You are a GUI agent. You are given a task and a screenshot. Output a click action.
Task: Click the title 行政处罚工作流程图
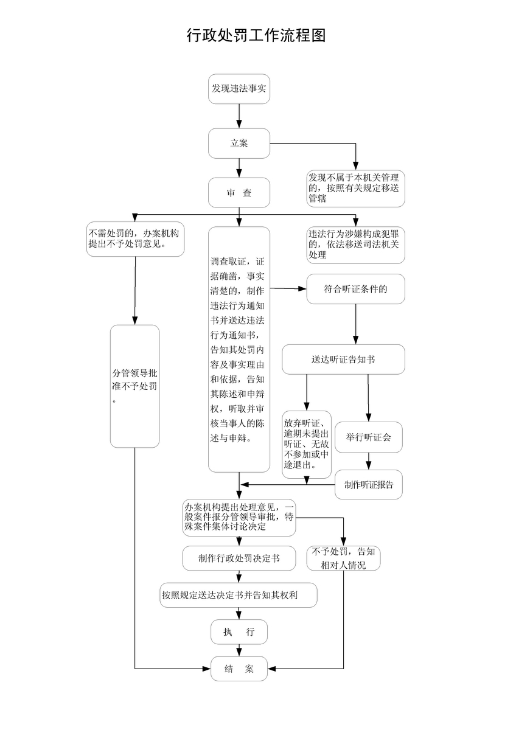click(x=256, y=36)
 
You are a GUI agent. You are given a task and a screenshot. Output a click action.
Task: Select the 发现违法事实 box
click(x=239, y=89)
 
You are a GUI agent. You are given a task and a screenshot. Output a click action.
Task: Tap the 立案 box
click(x=239, y=144)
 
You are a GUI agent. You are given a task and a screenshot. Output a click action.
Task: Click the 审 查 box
click(x=239, y=193)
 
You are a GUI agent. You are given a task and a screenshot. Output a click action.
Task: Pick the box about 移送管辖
click(x=355, y=189)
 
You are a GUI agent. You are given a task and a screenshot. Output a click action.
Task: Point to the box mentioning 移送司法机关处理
click(x=355, y=245)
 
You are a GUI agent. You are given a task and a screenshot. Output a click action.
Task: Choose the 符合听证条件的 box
click(x=355, y=290)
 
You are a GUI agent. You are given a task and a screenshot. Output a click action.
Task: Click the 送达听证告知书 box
click(x=343, y=360)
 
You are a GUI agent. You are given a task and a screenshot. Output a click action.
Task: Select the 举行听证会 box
click(x=368, y=437)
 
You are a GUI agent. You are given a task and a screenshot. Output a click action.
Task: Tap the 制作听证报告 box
click(x=368, y=485)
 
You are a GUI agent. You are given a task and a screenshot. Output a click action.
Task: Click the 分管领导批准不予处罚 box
click(x=134, y=386)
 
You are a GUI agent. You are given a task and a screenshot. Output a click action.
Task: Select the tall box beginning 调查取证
click(x=239, y=349)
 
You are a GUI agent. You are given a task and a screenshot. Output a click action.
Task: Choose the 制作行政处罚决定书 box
click(x=239, y=558)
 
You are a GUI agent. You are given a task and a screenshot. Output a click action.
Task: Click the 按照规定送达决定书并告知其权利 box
click(x=239, y=595)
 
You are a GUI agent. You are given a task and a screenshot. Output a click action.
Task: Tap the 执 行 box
click(x=239, y=632)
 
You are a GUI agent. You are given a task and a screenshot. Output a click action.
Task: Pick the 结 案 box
click(x=239, y=669)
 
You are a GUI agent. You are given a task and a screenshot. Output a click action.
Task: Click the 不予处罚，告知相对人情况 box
click(x=344, y=558)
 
